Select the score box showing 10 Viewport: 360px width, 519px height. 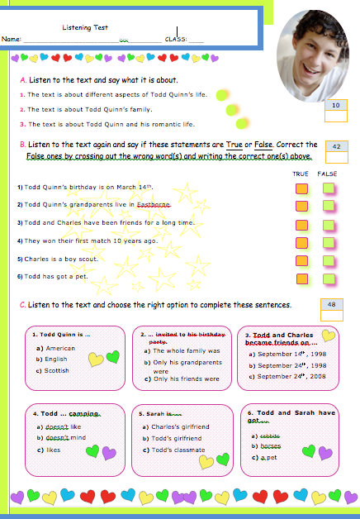point(336,106)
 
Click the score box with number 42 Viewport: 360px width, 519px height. point(336,146)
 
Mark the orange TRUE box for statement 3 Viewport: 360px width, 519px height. point(302,224)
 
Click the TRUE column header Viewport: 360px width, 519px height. point(301,174)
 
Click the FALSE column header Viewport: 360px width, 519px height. point(328,174)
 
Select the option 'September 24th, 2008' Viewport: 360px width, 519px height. point(281,377)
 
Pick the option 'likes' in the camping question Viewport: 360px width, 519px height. point(54,450)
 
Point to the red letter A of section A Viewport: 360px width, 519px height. point(21,82)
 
